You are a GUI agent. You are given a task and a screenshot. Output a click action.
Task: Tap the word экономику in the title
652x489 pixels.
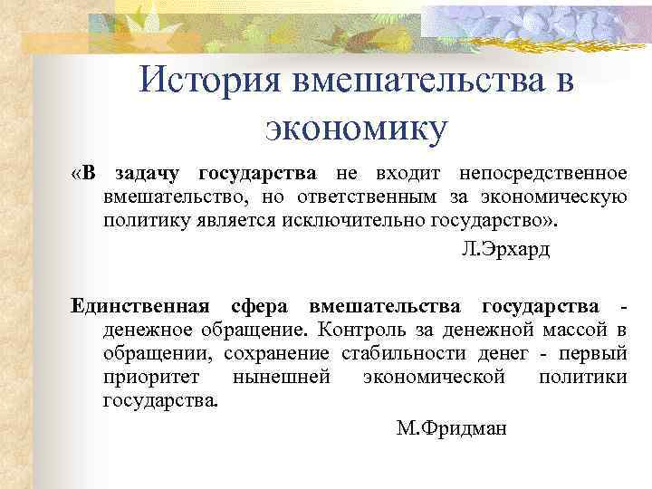356,128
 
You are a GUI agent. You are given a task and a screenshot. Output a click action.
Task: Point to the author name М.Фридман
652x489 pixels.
452,427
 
